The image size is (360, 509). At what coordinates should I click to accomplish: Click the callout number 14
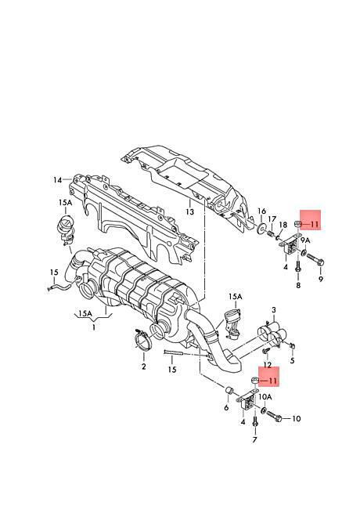pos(58,179)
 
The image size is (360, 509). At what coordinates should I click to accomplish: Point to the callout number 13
pos(189,212)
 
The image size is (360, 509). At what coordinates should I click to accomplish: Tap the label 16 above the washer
pos(261,211)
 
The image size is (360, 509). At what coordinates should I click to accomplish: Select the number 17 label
pos(272,219)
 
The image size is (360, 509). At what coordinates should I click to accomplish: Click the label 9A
pos(305,240)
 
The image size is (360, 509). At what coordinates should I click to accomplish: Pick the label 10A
pos(265,397)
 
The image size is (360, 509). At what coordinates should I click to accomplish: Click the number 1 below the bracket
pos(94,327)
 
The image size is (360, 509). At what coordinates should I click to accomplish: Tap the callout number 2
pos(143,366)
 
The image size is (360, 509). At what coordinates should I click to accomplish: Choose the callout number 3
pos(274,309)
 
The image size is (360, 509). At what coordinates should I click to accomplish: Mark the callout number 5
pos(292,360)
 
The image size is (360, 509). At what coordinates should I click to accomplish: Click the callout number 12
pos(267,365)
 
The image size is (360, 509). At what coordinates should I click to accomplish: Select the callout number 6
pos(226,407)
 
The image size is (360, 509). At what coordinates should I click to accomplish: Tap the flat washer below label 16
pos(261,228)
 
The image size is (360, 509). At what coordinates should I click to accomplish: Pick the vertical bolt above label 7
pos(255,423)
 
